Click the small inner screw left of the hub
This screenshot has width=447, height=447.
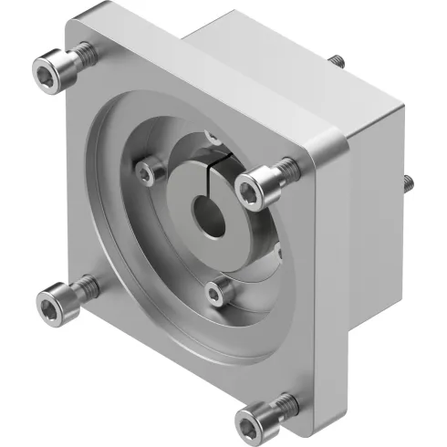pos(146,171)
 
